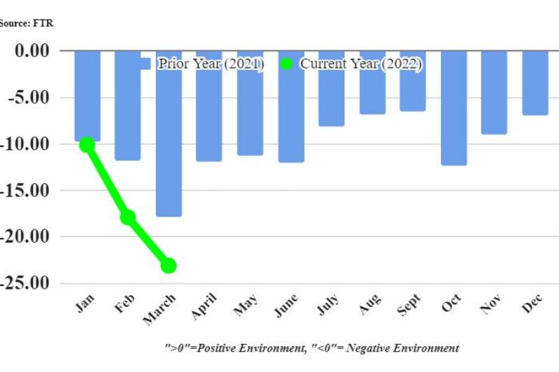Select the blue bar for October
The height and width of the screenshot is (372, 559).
tap(453, 108)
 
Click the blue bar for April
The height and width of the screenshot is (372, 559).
tap(209, 106)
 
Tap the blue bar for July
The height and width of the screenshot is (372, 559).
tap(331, 88)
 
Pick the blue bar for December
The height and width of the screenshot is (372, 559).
tap(535, 83)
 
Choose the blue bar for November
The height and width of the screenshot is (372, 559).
tap(494, 92)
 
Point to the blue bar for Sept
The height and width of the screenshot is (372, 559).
tap(412, 80)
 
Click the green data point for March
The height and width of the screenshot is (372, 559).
tap(168, 266)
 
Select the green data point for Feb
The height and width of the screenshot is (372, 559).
tap(128, 217)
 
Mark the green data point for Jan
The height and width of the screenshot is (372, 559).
tap(87, 145)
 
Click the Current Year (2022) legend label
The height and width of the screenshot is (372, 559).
tap(361, 64)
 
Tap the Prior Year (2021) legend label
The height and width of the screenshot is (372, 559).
tap(210, 64)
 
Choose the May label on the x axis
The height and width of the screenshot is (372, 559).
tap(247, 306)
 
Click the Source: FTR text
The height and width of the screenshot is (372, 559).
tap(27, 23)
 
